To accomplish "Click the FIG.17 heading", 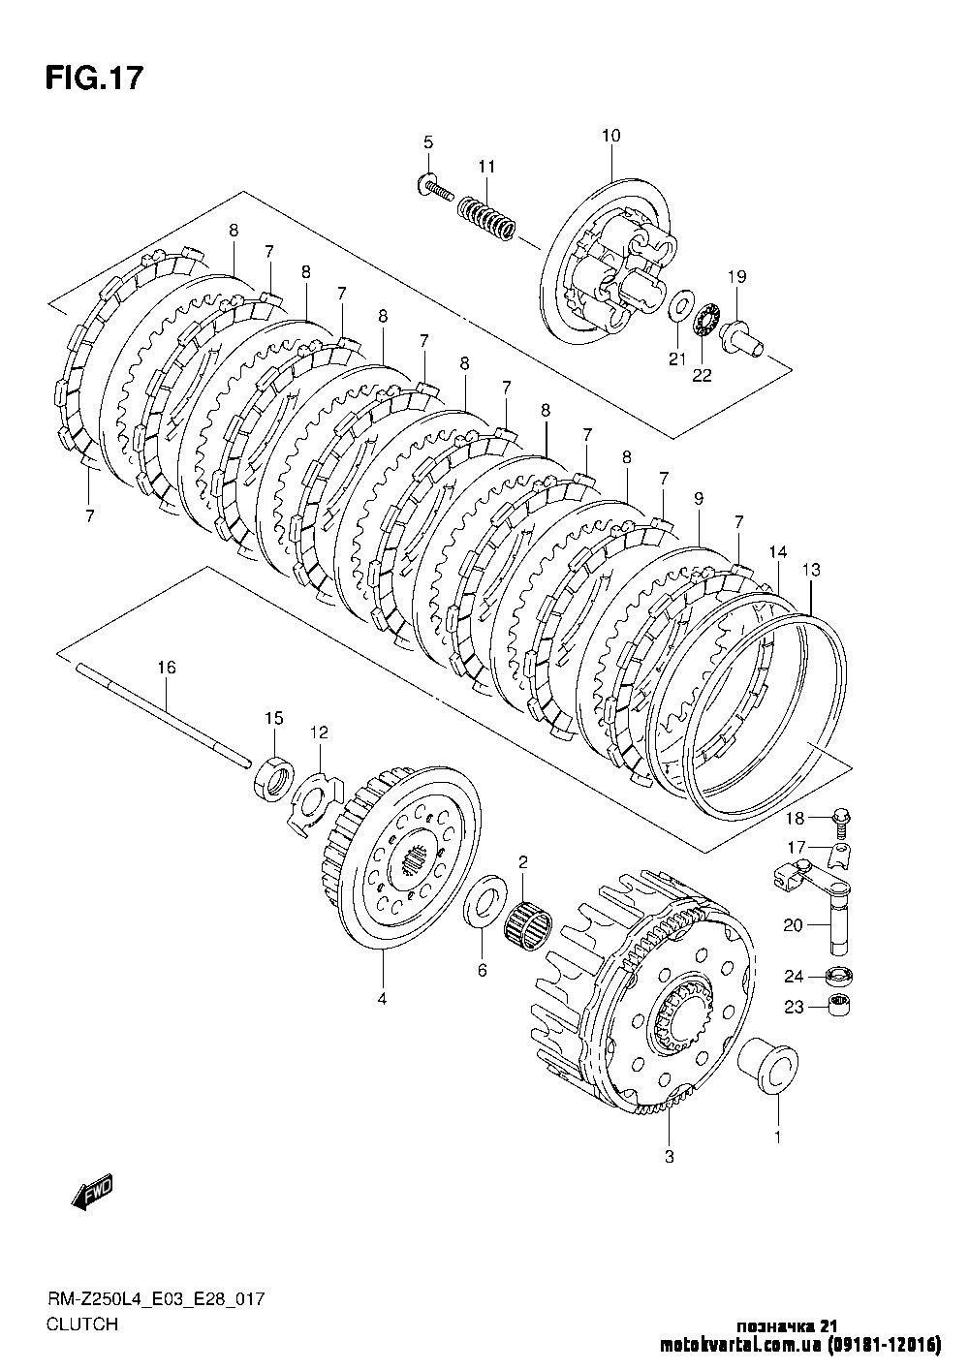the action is (94, 78).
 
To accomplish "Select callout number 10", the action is (610, 136).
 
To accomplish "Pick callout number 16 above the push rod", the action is (167, 668).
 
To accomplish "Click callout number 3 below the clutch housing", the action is (669, 1157).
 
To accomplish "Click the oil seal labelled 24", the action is (837, 976).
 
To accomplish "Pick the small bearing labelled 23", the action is (838, 1006).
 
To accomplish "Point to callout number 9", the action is (699, 499).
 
